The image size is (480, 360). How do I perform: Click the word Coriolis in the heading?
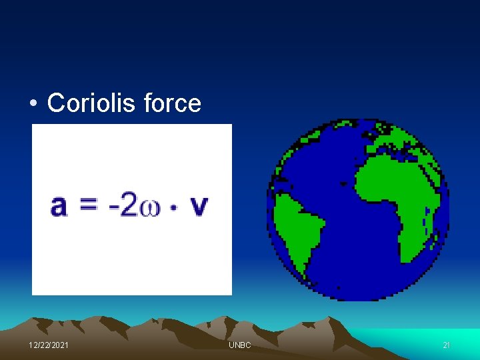pos(97,103)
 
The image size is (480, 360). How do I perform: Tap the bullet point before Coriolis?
pos(33,104)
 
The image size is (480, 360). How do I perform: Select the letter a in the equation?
pos(59,206)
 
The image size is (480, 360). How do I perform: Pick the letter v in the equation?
pos(199,207)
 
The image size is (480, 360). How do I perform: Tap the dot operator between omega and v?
pos(173,207)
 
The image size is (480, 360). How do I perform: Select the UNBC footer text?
pos(240,345)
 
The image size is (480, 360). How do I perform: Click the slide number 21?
pos(447,345)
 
